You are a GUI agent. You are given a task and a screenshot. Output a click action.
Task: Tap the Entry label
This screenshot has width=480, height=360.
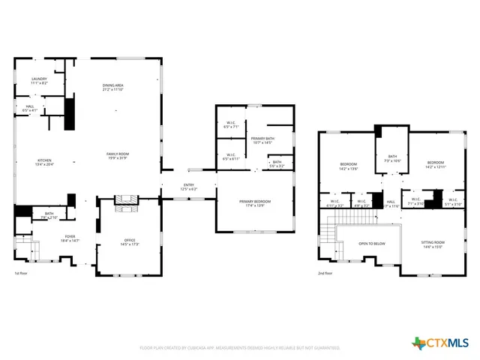point(190,187)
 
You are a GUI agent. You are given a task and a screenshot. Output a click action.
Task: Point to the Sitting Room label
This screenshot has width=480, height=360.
point(433,244)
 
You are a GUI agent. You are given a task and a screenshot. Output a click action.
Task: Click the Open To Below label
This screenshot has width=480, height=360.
point(372,244)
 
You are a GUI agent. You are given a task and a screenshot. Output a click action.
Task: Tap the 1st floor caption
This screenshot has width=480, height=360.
point(22,273)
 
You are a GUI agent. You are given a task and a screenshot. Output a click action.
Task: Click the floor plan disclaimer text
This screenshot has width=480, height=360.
point(240,348)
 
